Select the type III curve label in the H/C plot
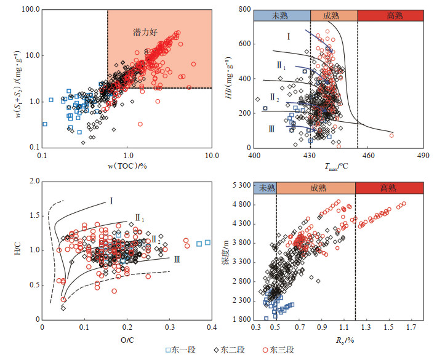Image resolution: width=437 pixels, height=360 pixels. point(177,260)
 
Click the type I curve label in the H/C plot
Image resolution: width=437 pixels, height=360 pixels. point(111,200)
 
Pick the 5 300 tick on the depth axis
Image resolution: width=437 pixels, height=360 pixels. point(237,186)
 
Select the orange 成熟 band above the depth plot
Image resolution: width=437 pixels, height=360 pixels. point(315,188)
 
